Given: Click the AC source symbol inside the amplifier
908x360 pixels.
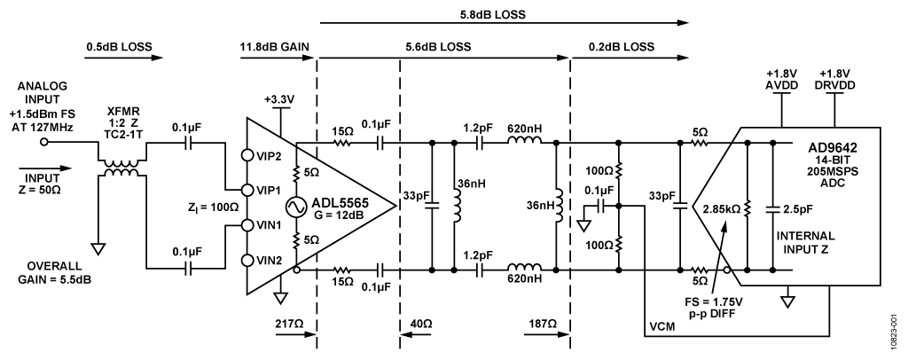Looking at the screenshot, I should pos(295,208).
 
